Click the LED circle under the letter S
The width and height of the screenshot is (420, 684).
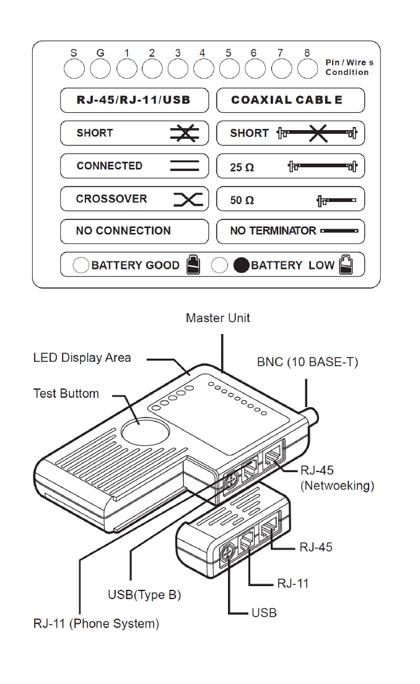click(x=74, y=69)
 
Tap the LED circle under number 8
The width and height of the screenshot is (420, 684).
click(x=307, y=69)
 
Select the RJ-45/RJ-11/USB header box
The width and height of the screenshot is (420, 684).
click(x=134, y=100)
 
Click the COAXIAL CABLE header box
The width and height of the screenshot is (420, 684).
click(x=290, y=100)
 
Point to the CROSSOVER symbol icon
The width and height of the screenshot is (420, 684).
click(x=188, y=199)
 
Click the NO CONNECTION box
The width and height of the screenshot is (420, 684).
click(x=134, y=231)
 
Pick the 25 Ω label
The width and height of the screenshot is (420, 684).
click(x=242, y=167)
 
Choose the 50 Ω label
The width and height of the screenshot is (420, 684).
click(x=242, y=201)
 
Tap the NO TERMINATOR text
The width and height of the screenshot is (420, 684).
click(x=273, y=231)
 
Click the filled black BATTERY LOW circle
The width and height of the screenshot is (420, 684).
click(x=242, y=266)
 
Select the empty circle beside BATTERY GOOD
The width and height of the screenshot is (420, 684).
click(x=81, y=266)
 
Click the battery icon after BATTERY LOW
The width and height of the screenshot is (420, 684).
click(x=346, y=265)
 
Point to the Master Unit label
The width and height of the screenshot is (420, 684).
click(x=218, y=318)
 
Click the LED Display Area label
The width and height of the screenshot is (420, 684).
click(x=82, y=357)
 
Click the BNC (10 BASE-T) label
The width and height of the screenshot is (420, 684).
click(x=307, y=362)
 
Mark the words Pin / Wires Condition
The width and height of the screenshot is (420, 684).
click(x=349, y=68)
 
